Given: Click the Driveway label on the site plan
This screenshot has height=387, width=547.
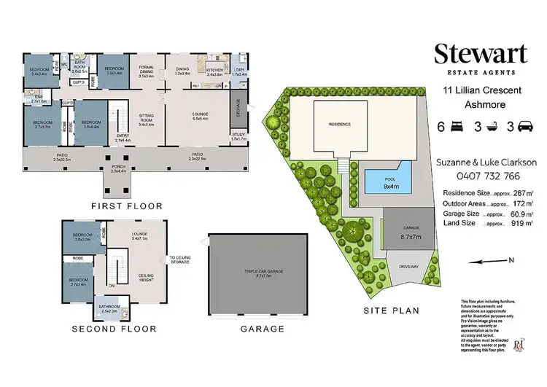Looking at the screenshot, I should [408, 267].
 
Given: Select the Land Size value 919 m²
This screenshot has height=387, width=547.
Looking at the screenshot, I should [524, 223].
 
